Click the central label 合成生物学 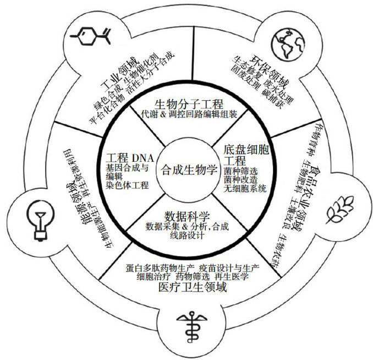[x=186, y=170]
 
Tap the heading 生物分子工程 [x=187, y=103]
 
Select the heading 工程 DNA [x=129, y=155]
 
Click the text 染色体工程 [x=127, y=186]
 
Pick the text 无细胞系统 [x=245, y=188]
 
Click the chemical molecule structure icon [x=93, y=38]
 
